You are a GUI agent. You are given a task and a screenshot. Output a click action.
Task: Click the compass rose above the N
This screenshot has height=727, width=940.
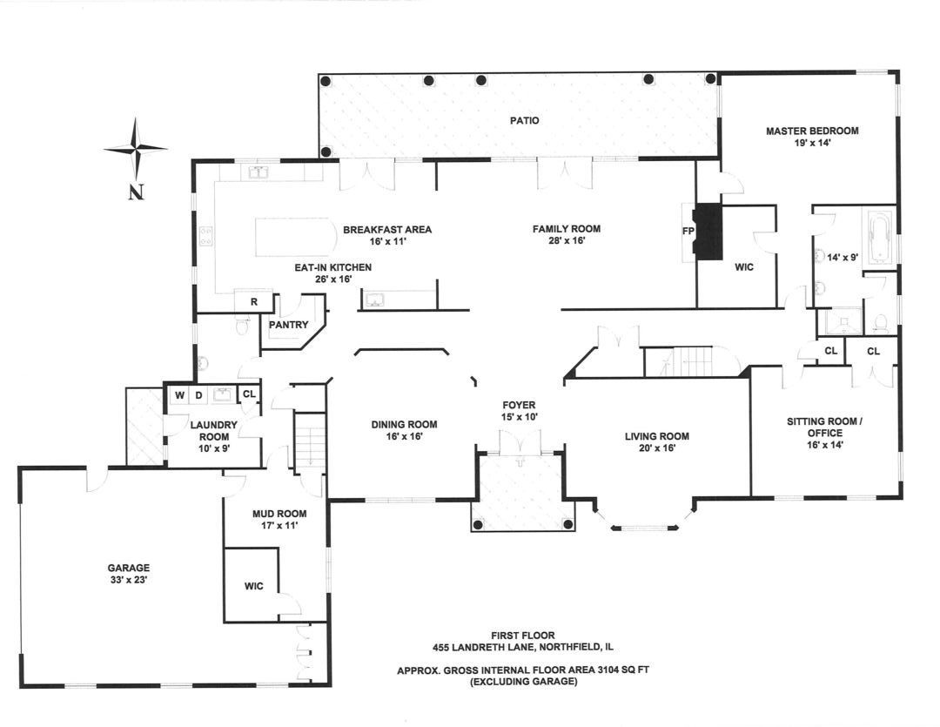coord(135,149)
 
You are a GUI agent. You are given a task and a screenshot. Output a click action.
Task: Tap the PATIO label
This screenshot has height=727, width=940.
coord(524,120)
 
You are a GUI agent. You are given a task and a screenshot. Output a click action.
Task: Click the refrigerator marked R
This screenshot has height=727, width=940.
coord(254,301)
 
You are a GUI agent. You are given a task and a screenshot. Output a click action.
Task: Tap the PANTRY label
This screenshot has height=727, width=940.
coord(289,325)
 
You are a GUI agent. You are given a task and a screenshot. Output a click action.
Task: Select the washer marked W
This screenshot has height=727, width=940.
coord(179,395)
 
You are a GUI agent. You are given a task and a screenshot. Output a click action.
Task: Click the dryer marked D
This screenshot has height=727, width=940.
coord(198,395)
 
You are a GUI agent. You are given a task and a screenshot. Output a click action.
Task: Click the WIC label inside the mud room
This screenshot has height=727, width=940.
coord(254,585)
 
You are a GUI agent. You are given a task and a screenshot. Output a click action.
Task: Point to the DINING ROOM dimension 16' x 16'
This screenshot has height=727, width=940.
coord(404,437)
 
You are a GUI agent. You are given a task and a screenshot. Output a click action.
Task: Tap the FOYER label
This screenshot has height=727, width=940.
coord(519,405)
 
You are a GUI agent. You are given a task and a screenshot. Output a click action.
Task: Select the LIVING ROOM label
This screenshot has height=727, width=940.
coord(656,436)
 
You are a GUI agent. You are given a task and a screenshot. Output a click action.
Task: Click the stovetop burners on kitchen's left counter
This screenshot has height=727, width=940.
coord(206,236)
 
